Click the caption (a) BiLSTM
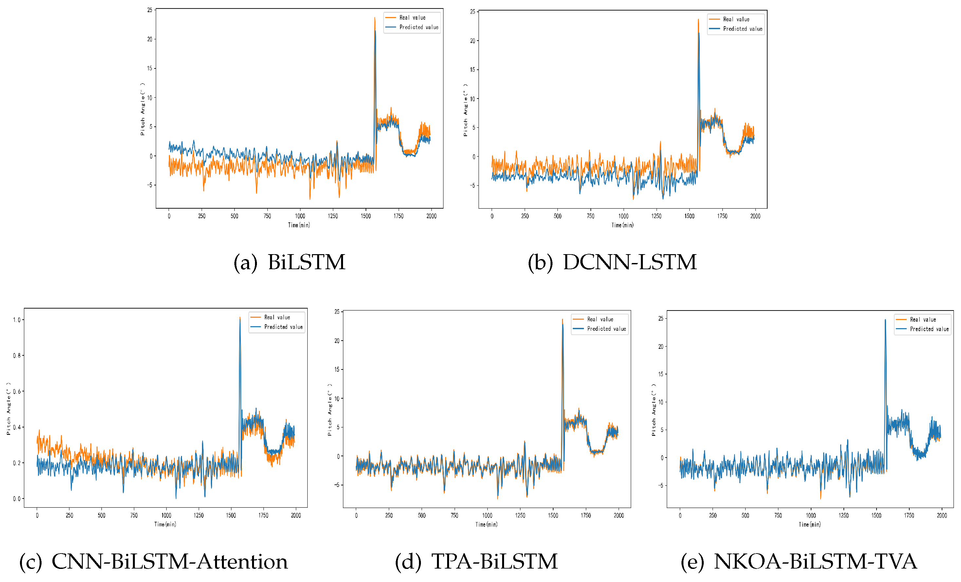click(289, 262)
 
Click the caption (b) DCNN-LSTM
click(612, 262)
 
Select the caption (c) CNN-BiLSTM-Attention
click(153, 562)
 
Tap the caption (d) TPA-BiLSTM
click(476, 562)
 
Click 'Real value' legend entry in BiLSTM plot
click(412, 18)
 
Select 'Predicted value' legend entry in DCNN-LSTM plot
click(742, 29)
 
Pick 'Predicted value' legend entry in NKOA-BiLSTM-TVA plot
click(929, 329)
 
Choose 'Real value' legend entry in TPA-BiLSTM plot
click(600, 319)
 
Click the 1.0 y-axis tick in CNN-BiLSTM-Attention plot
click(16, 320)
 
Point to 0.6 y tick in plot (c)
click(16, 391)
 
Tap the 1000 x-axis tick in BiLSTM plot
click(300, 216)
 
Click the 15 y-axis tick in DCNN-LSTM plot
click(472, 70)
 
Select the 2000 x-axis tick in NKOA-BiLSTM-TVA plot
click(942, 516)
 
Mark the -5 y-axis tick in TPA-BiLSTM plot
click(336, 485)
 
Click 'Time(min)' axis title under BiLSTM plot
click(299, 225)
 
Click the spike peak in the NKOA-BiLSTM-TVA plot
click(885, 320)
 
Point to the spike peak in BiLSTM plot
click(375, 18)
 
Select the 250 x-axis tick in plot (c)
click(69, 516)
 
